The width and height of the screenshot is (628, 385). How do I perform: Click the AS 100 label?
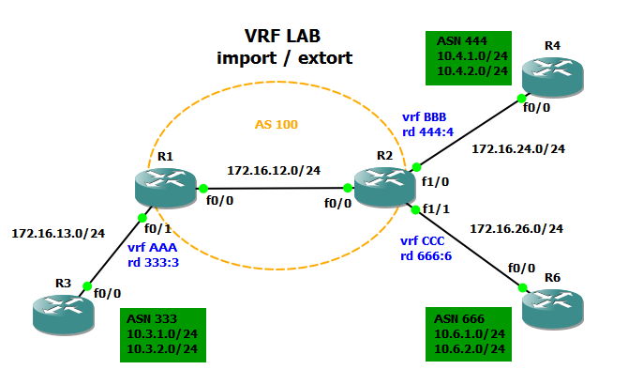[x=277, y=124]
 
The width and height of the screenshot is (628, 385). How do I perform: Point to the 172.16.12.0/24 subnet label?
[x=274, y=171]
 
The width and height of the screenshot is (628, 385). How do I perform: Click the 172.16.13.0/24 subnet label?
[x=58, y=232]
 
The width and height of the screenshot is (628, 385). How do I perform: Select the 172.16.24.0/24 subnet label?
[x=518, y=148]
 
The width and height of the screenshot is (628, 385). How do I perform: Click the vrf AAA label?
[x=153, y=248]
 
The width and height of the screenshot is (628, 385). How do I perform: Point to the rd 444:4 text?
[x=428, y=131]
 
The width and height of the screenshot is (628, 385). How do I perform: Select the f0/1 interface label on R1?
[x=157, y=227]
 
